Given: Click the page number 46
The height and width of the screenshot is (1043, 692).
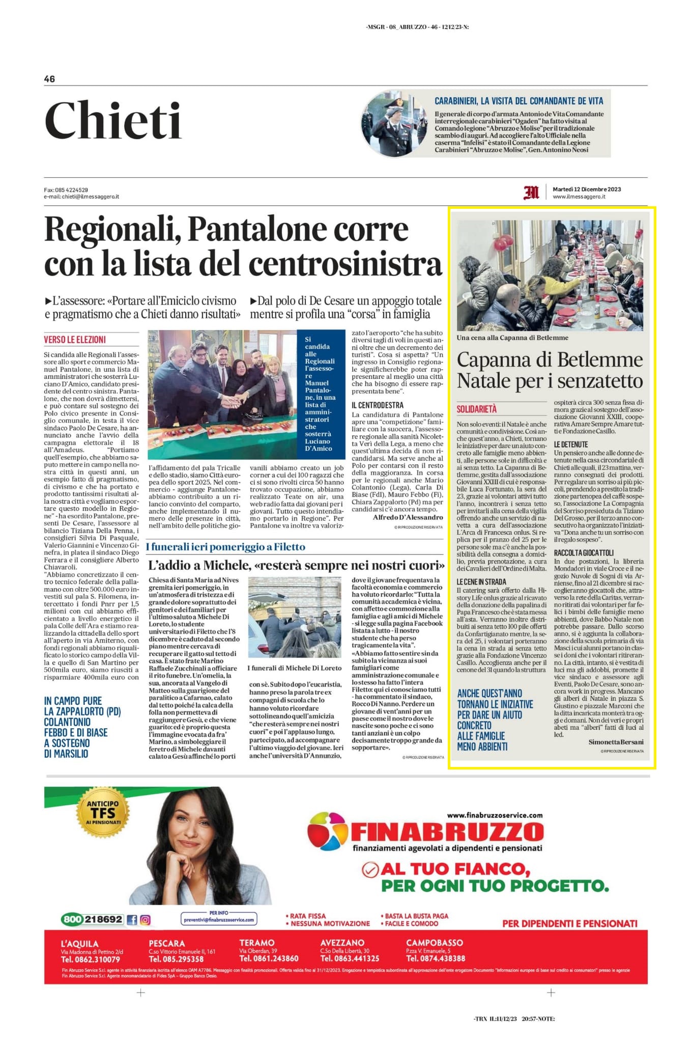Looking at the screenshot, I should pyautogui.click(x=49, y=79).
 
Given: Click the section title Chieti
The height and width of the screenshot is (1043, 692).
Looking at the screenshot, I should pyautogui.click(x=113, y=121).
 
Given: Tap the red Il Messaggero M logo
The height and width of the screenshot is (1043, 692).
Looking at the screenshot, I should pyautogui.click(x=531, y=193).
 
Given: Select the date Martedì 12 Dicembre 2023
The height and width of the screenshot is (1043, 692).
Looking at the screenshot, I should pyautogui.click(x=587, y=189).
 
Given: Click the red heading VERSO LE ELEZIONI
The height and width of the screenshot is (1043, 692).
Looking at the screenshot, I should pyautogui.click(x=75, y=340).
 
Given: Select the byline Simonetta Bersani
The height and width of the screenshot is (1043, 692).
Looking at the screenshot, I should pyautogui.click(x=616, y=742).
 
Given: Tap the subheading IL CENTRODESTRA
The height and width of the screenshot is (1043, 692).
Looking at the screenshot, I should pyautogui.click(x=378, y=405).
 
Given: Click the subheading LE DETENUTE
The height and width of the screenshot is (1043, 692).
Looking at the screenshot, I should pyautogui.click(x=571, y=445).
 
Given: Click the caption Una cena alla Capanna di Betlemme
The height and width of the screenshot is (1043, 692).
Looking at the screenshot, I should pyautogui.click(x=512, y=338).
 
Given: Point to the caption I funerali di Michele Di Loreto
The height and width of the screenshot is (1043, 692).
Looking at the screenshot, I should pyautogui.click(x=295, y=668).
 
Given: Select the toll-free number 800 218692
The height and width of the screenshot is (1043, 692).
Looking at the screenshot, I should pyautogui.click(x=92, y=919).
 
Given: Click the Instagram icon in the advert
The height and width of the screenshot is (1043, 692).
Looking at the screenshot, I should pyautogui.click(x=146, y=920).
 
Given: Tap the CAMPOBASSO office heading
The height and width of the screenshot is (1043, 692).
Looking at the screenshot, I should pyautogui.click(x=435, y=943).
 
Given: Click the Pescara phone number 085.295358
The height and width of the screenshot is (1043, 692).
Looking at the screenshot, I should pyautogui.click(x=176, y=959).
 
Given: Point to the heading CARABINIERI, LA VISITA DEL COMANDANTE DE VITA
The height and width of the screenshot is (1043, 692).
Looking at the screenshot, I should pyautogui.click(x=518, y=101).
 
